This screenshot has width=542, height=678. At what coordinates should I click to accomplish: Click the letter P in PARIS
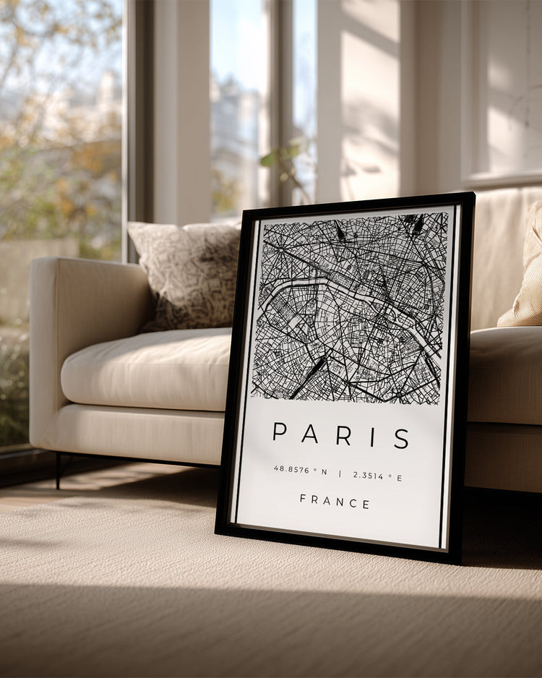[280, 432]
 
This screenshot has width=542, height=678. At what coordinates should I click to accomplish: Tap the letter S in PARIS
[402, 438]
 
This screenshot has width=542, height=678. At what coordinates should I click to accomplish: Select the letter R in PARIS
[343, 435]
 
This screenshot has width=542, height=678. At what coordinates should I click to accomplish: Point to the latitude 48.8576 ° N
[300, 471]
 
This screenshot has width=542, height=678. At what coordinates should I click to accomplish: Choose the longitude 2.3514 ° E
[378, 476]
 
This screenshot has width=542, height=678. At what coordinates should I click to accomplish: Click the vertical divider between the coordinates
[340, 473]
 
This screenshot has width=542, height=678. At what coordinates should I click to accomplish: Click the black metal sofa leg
[59, 470]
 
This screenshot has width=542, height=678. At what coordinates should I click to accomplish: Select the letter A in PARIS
[311, 434]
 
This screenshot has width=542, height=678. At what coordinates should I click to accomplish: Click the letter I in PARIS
[373, 437]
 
